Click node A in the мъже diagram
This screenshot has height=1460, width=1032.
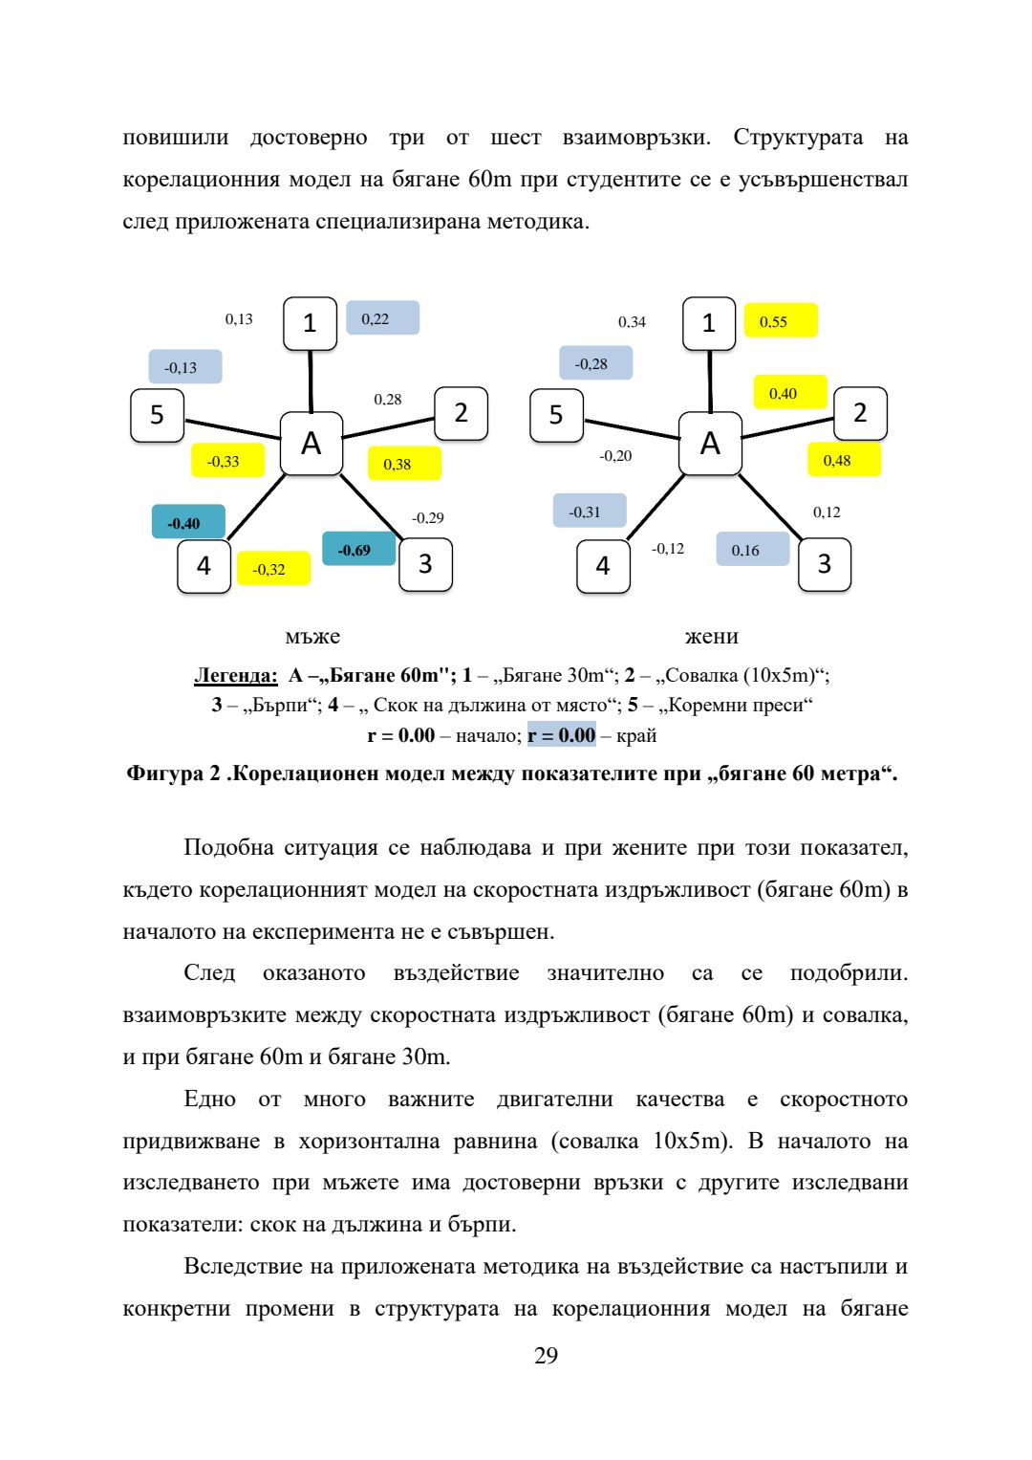[x=312, y=444]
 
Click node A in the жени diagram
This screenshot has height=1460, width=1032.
[x=710, y=444]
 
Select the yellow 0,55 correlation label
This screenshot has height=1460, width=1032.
[x=781, y=320]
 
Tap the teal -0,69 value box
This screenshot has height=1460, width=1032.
[x=359, y=548]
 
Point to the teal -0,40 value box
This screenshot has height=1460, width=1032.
[x=188, y=521]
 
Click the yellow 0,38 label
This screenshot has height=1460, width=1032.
[x=404, y=463]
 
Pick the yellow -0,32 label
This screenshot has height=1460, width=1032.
[x=273, y=568]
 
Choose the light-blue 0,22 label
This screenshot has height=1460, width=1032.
[x=382, y=317]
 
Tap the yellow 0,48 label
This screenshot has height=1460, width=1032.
[x=845, y=460]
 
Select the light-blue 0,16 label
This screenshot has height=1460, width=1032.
[x=753, y=549]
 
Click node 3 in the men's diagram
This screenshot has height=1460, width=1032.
[x=425, y=564]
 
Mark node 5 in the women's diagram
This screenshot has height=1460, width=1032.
[x=556, y=415]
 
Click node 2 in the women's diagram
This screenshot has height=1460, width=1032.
[x=860, y=413]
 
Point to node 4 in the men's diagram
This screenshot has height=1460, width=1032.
[x=204, y=566]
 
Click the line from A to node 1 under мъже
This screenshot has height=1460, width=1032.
[x=311, y=381]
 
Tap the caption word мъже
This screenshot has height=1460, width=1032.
[x=312, y=636]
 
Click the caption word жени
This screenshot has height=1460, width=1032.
[x=712, y=636]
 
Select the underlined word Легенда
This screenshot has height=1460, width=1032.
[x=236, y=675]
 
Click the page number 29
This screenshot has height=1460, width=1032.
[x=546, y=1356]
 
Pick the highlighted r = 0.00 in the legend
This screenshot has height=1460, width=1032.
[x=562, y=735]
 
